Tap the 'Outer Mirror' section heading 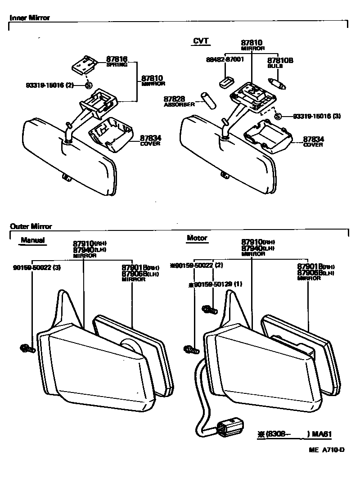coord(31,226)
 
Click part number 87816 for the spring coord(117,59)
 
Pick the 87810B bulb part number coord(280,60)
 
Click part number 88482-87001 coord(225,59)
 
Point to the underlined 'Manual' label coord(32,240)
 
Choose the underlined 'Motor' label coord(197,238)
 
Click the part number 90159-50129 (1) coord(215,284)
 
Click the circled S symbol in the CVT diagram coord(278,116)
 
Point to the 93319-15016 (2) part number coord(50,84)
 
